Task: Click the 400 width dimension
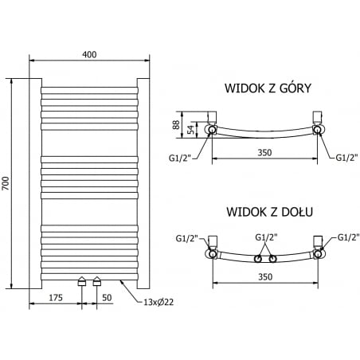point(89,53)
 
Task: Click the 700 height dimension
point(6,183)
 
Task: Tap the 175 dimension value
point(56,296)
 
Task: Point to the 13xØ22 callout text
point(148,302)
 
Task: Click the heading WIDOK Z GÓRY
point(268,88)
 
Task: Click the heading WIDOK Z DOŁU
point(269,212)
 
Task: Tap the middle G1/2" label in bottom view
point(265,237)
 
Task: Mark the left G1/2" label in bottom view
point(188,238)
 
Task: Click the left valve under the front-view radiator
point(82,280)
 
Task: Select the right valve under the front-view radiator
point(97,280)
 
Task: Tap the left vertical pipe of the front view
point(35,183)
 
